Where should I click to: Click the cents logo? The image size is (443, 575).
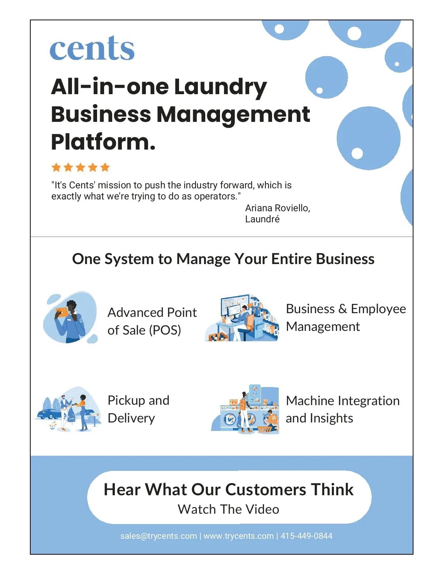[92, 48]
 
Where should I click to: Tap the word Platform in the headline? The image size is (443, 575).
[103, 142]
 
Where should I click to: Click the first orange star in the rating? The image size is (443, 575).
[56, 167]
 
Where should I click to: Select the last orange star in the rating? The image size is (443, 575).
[105, 167]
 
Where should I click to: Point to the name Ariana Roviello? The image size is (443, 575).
[278, 208]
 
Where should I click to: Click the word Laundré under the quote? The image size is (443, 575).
[262, 219]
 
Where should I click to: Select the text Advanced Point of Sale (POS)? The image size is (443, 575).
[152, 321]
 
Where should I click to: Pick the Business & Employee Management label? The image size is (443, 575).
[346, 318]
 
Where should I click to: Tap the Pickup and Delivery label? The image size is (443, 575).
[138, 409]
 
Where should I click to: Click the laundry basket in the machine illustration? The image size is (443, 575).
[264, 429]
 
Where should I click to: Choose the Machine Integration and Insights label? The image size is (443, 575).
[343, 409]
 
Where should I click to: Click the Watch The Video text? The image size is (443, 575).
[229, 509]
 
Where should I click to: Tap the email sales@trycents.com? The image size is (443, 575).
[159, 536]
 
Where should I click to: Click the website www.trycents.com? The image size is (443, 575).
[238, 536]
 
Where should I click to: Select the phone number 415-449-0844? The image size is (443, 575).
[306, 536]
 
